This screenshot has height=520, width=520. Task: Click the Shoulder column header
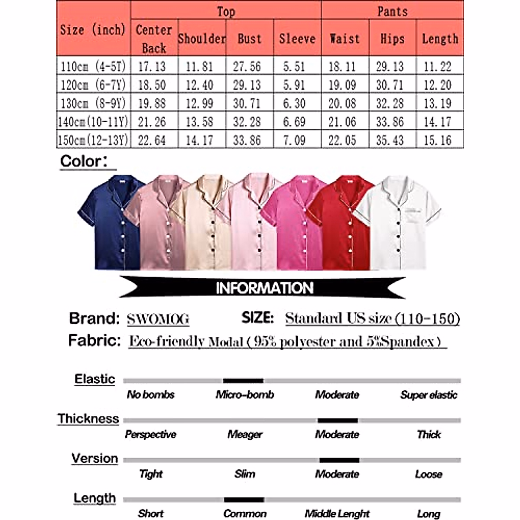pos(202,39)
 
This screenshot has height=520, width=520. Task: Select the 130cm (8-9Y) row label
pos(93,103)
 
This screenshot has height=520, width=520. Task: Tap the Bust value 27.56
pos(247,66)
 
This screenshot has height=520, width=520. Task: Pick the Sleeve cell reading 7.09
pos(294,140)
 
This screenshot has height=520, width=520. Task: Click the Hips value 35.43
pos(390,140)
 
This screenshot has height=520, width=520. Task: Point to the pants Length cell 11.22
pos(437,66)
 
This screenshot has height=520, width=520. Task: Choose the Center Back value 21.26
pos(152,122)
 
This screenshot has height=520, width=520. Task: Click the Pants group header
pos(392,11)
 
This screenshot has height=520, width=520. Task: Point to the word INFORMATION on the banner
pos(264,288)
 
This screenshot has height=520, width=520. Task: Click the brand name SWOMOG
pos(158,319)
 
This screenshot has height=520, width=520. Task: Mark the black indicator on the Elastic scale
pos(243,380)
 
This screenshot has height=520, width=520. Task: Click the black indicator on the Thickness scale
pos(338,420)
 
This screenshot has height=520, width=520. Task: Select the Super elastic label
pos(429,395)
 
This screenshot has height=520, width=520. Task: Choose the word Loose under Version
pos(429,474)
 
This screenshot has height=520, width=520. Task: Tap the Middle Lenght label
pos(337,514)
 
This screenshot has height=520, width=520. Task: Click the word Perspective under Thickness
pos(151,434)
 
